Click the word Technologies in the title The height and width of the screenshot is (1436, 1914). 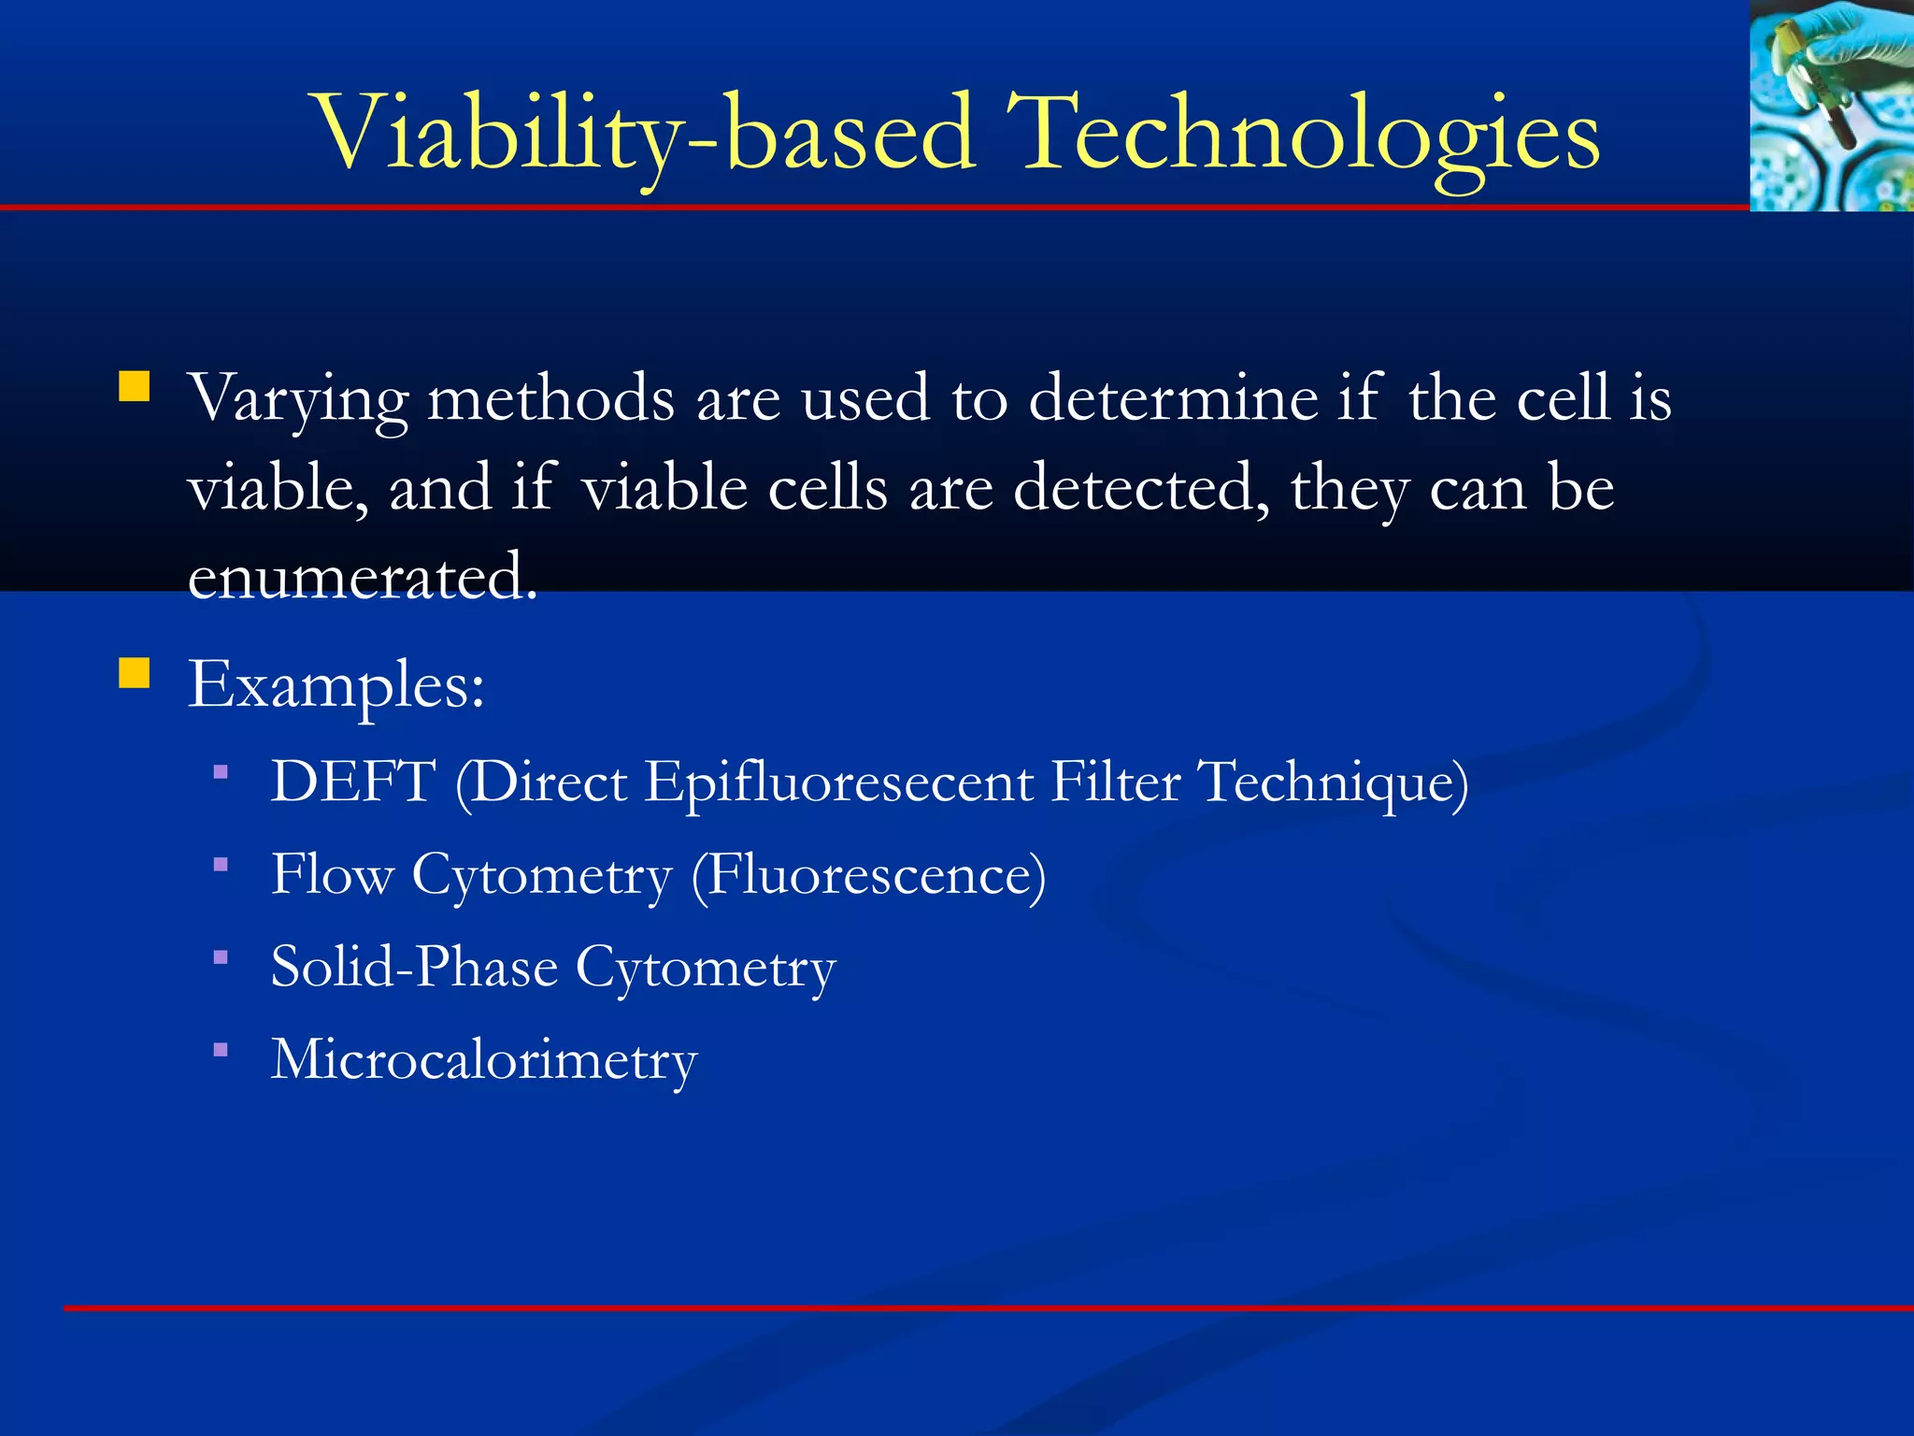click(1303, 136)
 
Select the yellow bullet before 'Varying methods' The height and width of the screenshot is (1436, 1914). click(135, 387)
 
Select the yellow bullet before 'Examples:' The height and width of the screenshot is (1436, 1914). click(135, 672)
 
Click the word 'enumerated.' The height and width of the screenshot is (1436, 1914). click(363, 578)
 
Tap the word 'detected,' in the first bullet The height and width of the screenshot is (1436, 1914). click(1140, 489)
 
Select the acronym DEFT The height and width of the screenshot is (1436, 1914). click(353, 782)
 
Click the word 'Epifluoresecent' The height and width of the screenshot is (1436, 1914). click(838, 782)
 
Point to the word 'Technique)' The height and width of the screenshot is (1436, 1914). click(1332, 782)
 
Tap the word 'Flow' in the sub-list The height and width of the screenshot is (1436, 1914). click(332, 875)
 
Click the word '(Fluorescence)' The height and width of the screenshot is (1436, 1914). click(868, 875)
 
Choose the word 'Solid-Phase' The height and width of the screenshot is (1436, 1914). click(414, 967)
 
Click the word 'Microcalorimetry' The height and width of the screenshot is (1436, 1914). click(484, 1060)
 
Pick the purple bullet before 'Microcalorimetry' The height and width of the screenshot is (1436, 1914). click(221, 1050)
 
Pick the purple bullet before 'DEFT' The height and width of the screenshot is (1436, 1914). click(221, 772)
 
